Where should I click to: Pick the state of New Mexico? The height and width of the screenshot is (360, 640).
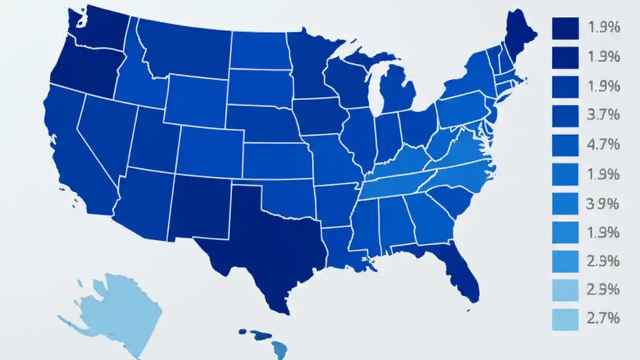tap(200, 210)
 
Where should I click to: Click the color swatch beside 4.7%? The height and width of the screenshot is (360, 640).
tap(565, 145)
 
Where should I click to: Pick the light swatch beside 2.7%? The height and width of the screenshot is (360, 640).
tap(565, 319)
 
